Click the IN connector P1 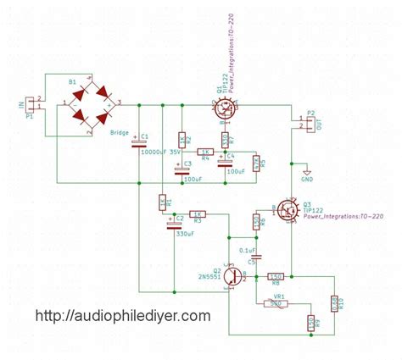click(31, 105)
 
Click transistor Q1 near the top click(225, 107)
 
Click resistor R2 click(182, 138)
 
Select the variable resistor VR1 click(276, 302)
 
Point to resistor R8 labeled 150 click(276, 276)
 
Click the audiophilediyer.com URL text click(122, 315)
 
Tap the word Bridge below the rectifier click(121, 133)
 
